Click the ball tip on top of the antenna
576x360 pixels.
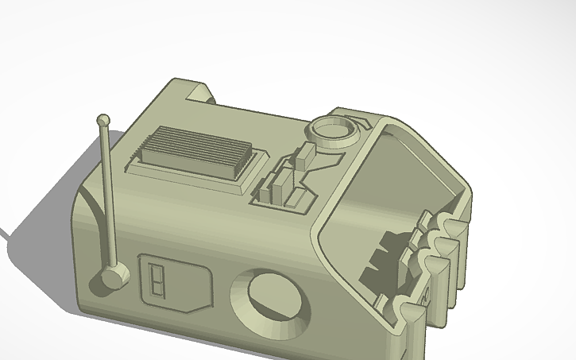point(102,120)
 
